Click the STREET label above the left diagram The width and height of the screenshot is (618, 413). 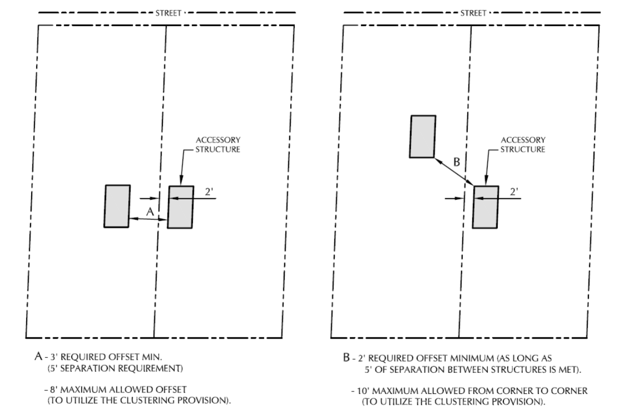point(168,13)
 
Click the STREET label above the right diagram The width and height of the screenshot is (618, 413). point(473,13)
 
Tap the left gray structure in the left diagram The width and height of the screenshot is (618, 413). point(117,206)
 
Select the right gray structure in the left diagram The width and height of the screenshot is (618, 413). point(180,207)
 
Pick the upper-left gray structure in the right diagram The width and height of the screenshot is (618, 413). point(423,136)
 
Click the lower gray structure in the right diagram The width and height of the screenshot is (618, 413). point(485,207)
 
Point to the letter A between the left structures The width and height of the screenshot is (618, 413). point(150,212)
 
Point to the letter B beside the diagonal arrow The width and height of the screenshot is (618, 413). point(456,162)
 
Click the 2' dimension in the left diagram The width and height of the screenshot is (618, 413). point(209,192)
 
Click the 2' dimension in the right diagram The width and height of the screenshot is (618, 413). point(514,192)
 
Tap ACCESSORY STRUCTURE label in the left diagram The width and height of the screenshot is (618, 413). point(218,144)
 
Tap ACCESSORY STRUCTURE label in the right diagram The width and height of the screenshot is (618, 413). point(523,144)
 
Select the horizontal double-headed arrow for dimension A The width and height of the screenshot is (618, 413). point(148,219)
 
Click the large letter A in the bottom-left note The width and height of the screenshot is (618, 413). point(39,356)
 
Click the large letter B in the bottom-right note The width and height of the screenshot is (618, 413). point(346,357)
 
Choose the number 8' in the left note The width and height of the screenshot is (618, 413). point(53,390)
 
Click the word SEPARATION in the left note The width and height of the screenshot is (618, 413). point(85,369)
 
